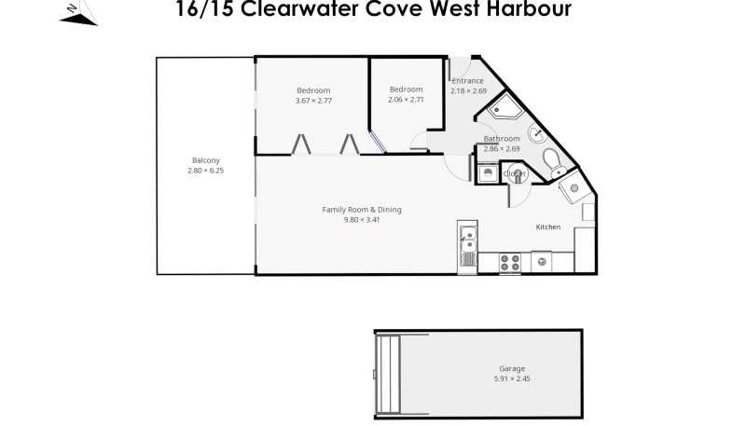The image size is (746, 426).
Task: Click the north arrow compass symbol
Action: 78,13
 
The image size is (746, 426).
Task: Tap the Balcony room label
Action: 205,160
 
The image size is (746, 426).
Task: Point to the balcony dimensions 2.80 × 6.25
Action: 205,171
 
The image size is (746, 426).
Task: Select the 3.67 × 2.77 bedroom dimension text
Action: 313,101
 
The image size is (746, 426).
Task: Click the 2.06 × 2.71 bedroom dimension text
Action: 406,100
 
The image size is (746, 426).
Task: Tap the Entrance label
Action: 468,81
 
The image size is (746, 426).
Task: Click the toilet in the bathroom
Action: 554,163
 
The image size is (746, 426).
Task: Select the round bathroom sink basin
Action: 537,133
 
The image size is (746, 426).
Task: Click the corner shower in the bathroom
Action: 504,107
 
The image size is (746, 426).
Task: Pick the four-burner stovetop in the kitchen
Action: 509,263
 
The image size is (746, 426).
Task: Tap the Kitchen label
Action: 548,227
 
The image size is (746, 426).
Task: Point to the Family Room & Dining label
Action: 362,209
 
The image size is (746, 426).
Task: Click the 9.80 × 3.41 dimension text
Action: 362,220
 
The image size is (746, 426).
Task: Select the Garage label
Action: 512,368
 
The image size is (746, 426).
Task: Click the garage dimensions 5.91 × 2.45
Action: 512,378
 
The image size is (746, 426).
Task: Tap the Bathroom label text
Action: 502,138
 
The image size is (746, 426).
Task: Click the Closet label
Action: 515,174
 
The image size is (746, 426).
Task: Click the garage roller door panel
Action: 389,374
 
